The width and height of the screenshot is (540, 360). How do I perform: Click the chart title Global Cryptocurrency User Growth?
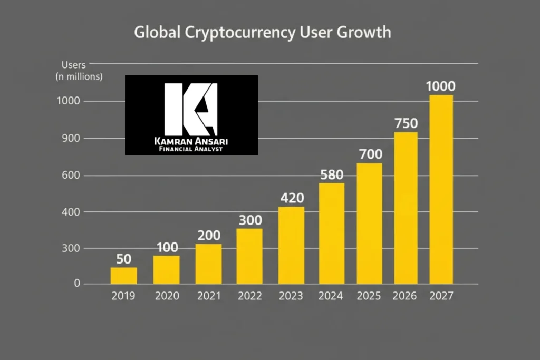[x=263, y=32]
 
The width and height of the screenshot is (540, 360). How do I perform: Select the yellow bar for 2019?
[x=123, y=276]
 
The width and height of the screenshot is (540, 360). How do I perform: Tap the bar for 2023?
[x=291, y=245]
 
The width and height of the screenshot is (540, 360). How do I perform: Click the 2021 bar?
[x=208, y=264]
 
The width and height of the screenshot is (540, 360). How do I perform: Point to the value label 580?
[x=332, y=175]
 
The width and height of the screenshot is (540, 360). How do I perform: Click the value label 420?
[x=291, y=199]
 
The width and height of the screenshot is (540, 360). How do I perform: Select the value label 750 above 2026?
[x=406, y=124]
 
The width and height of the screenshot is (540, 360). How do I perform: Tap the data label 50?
[x=123, y=259]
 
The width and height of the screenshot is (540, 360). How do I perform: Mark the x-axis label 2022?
[x=249, y=296]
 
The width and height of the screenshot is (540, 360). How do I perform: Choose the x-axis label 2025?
[x=369, y=296]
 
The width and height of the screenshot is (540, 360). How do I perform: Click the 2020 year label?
[x=167, y=296]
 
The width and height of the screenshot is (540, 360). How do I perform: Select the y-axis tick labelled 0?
[x=76, y=284]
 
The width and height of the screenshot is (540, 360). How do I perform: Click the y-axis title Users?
[x=74, y=65]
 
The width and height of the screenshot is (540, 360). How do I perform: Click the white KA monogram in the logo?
[x=191, y=109]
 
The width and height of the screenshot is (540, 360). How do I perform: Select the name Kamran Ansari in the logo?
[x=191, y=141]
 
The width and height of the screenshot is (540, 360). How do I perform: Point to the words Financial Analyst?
[x=191, y=149]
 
